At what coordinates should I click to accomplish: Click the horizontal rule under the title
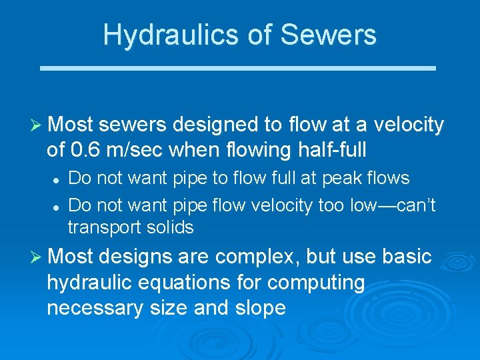pos(238,68)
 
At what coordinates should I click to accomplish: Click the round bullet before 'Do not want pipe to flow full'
pos(57,179)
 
